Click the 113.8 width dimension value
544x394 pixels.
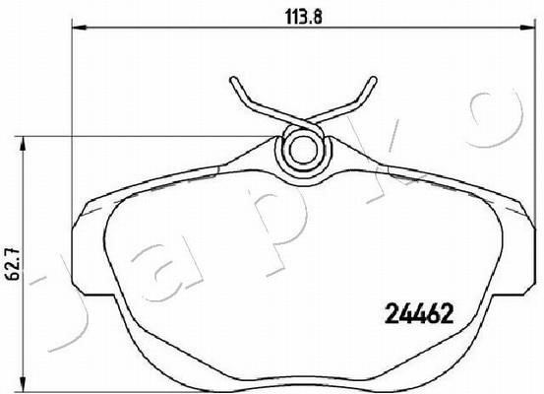click(304, 16)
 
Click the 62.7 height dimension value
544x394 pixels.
click(13, 265)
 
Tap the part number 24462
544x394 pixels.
click(419, 313)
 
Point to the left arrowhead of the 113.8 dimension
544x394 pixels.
click(79, 28)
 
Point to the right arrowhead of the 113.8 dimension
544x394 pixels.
click(526, 28)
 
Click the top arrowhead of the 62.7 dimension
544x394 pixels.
click(23, 144)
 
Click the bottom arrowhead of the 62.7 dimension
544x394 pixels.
click(23, 384)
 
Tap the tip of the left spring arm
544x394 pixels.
click(233, 80)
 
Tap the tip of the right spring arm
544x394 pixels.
click(374, 80)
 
